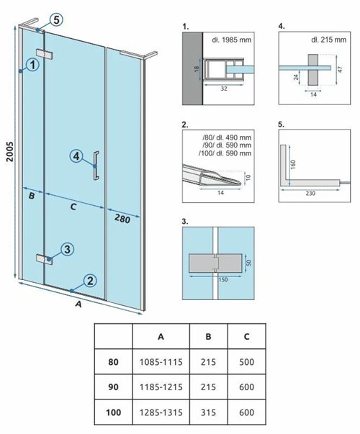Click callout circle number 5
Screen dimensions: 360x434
56,20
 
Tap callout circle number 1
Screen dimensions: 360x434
33,65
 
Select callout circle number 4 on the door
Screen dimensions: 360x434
76,156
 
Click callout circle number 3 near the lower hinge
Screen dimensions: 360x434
67,249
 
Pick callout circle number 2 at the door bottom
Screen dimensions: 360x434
90,281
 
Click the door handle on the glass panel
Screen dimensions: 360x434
96,166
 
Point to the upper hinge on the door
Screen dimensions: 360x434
45,54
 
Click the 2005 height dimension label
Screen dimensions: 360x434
10,151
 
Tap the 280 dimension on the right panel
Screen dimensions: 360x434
122,219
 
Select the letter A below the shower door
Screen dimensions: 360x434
79,304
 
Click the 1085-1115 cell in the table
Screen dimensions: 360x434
161,362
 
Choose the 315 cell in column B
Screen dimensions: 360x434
208,412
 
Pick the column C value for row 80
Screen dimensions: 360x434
246,362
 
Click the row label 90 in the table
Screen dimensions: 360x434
113,387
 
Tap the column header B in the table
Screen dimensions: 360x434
208,336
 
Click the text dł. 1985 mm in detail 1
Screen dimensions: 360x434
232,40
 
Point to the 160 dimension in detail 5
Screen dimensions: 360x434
294,164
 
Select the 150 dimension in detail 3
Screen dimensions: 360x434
223,279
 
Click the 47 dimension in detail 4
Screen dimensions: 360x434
341,69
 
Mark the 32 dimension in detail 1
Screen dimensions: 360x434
224,89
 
